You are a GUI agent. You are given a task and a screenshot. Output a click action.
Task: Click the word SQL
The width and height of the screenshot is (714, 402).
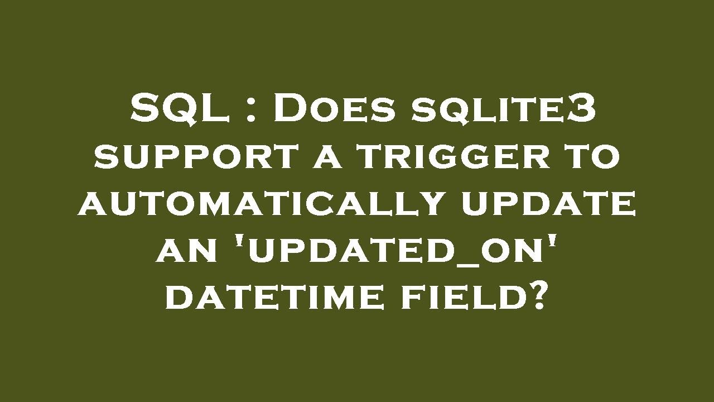tap(180, 108)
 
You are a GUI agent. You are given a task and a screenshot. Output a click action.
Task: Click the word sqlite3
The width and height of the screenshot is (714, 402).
tap(504, 108)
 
